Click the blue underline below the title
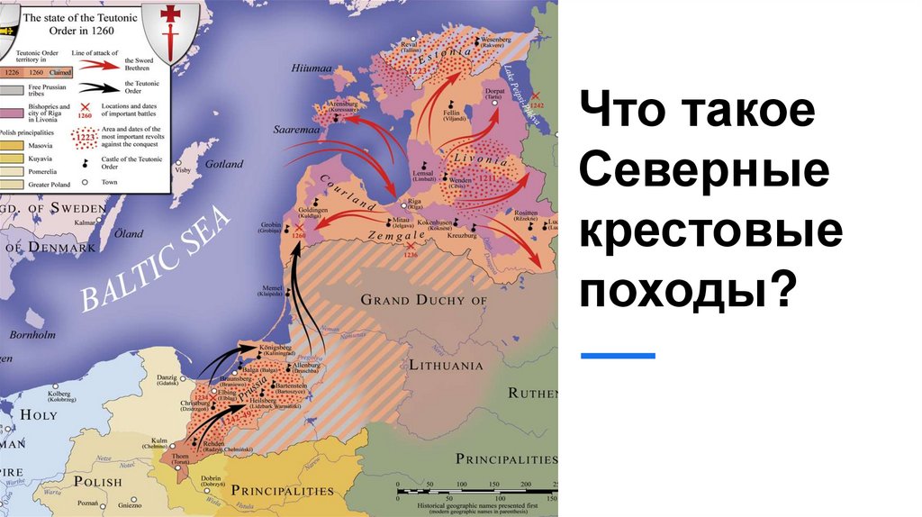[618, 356]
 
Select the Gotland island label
[223, 165]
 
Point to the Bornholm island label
[32, 336]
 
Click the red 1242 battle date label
[538, 105]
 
